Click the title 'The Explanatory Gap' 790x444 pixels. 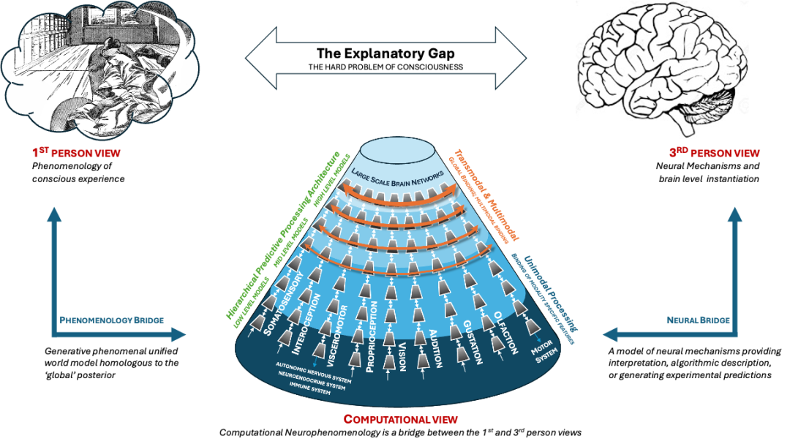click(x=385, y=53)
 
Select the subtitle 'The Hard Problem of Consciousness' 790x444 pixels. click(x=385, y=67)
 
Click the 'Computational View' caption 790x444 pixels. click(x=401, y=420)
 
